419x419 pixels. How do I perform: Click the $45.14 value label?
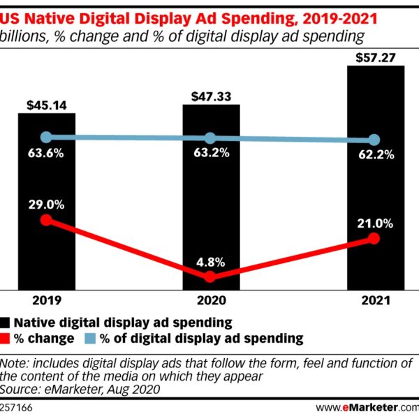pos(47,105)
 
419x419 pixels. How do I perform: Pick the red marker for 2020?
pos(212,277)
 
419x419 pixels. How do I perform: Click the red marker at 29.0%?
pos(47,220)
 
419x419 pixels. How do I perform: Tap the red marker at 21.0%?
pos(374,239)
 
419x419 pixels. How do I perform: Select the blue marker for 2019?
pos(47,137)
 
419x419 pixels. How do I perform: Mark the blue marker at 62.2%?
pos(374,140)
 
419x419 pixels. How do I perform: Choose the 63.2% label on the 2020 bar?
pos(212,153)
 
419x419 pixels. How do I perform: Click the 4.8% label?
pos(212,263)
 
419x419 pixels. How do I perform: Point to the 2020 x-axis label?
pos(211,300)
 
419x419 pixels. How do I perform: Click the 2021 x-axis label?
pos(375,300)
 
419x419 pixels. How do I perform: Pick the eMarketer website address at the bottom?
pos(367,406)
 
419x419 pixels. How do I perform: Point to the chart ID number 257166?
pos(17,406)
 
